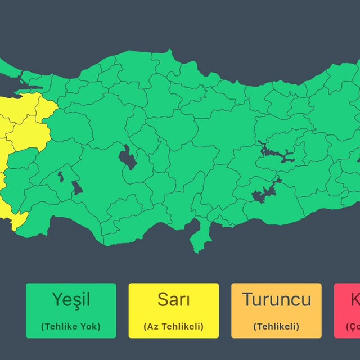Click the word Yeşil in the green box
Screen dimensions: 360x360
[x=71, y=300]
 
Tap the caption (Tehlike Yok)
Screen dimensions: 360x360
[x=71, y=326]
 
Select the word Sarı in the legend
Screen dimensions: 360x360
[x=173, y=300]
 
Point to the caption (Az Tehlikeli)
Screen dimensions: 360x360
[x=173, y=326]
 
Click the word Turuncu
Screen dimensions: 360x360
[x=276, y=300]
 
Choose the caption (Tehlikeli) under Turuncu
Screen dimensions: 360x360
[x=276, y=326]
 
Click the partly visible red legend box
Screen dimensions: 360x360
[x=348, y=310]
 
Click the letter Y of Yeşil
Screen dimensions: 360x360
[x=57, y=300]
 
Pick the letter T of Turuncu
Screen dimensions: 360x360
[x=247, y=300]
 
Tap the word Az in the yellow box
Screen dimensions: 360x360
[x=151, y=326]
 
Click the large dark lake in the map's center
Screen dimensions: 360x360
[x=128, y=158]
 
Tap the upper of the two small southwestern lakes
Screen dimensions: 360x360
[x=60, y=178]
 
